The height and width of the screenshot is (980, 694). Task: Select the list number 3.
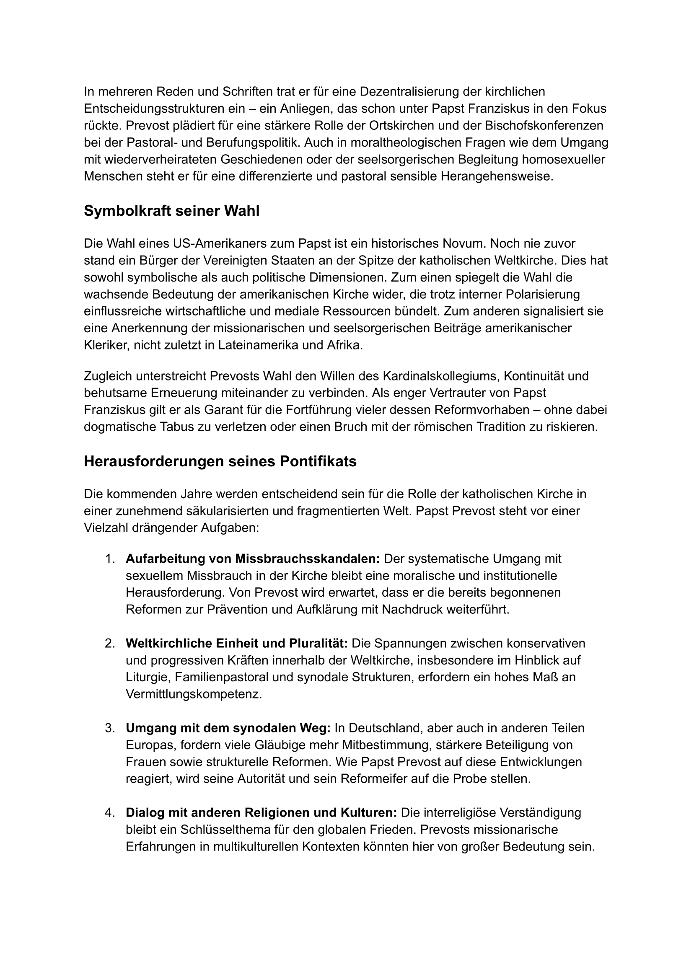(x=110, y=728)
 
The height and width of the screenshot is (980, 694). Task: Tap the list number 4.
(x=110, y=812)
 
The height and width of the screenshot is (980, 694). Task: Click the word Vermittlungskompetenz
(x=193, y=694)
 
